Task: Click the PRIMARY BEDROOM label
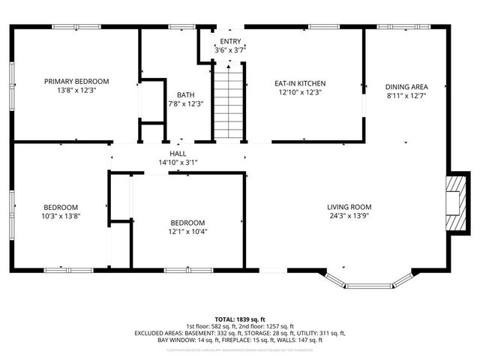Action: click(76, 81)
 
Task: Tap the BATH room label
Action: click(185, 94)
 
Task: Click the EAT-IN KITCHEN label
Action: click(300, 83)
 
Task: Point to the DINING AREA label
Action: click(407, 86)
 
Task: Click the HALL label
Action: click(178, 153)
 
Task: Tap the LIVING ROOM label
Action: click(349, 207)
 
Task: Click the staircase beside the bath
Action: click(229, 101)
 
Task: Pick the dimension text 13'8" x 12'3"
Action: click(76, 90)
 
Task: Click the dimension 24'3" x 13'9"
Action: click(349, 216)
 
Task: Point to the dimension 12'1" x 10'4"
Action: click(187, 232)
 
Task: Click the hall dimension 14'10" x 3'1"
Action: click(178, 162)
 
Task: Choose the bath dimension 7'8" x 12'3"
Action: click(185, 103)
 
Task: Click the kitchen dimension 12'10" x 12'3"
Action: click(300, 92)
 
